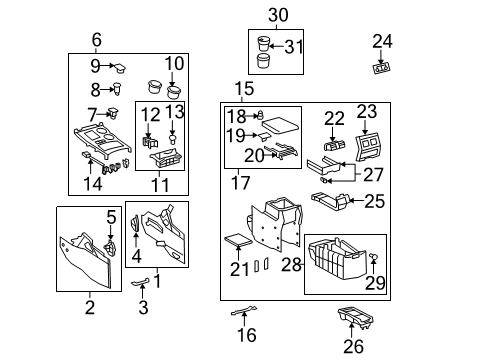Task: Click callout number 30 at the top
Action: [277, 14]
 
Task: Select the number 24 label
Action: [383, 41]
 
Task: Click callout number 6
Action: [97, 40]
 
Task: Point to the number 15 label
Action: [245, 89]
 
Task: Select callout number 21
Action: [241, 268]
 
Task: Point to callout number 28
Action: [290, 263]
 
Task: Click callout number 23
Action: [367, 112]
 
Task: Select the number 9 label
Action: [95, 66]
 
